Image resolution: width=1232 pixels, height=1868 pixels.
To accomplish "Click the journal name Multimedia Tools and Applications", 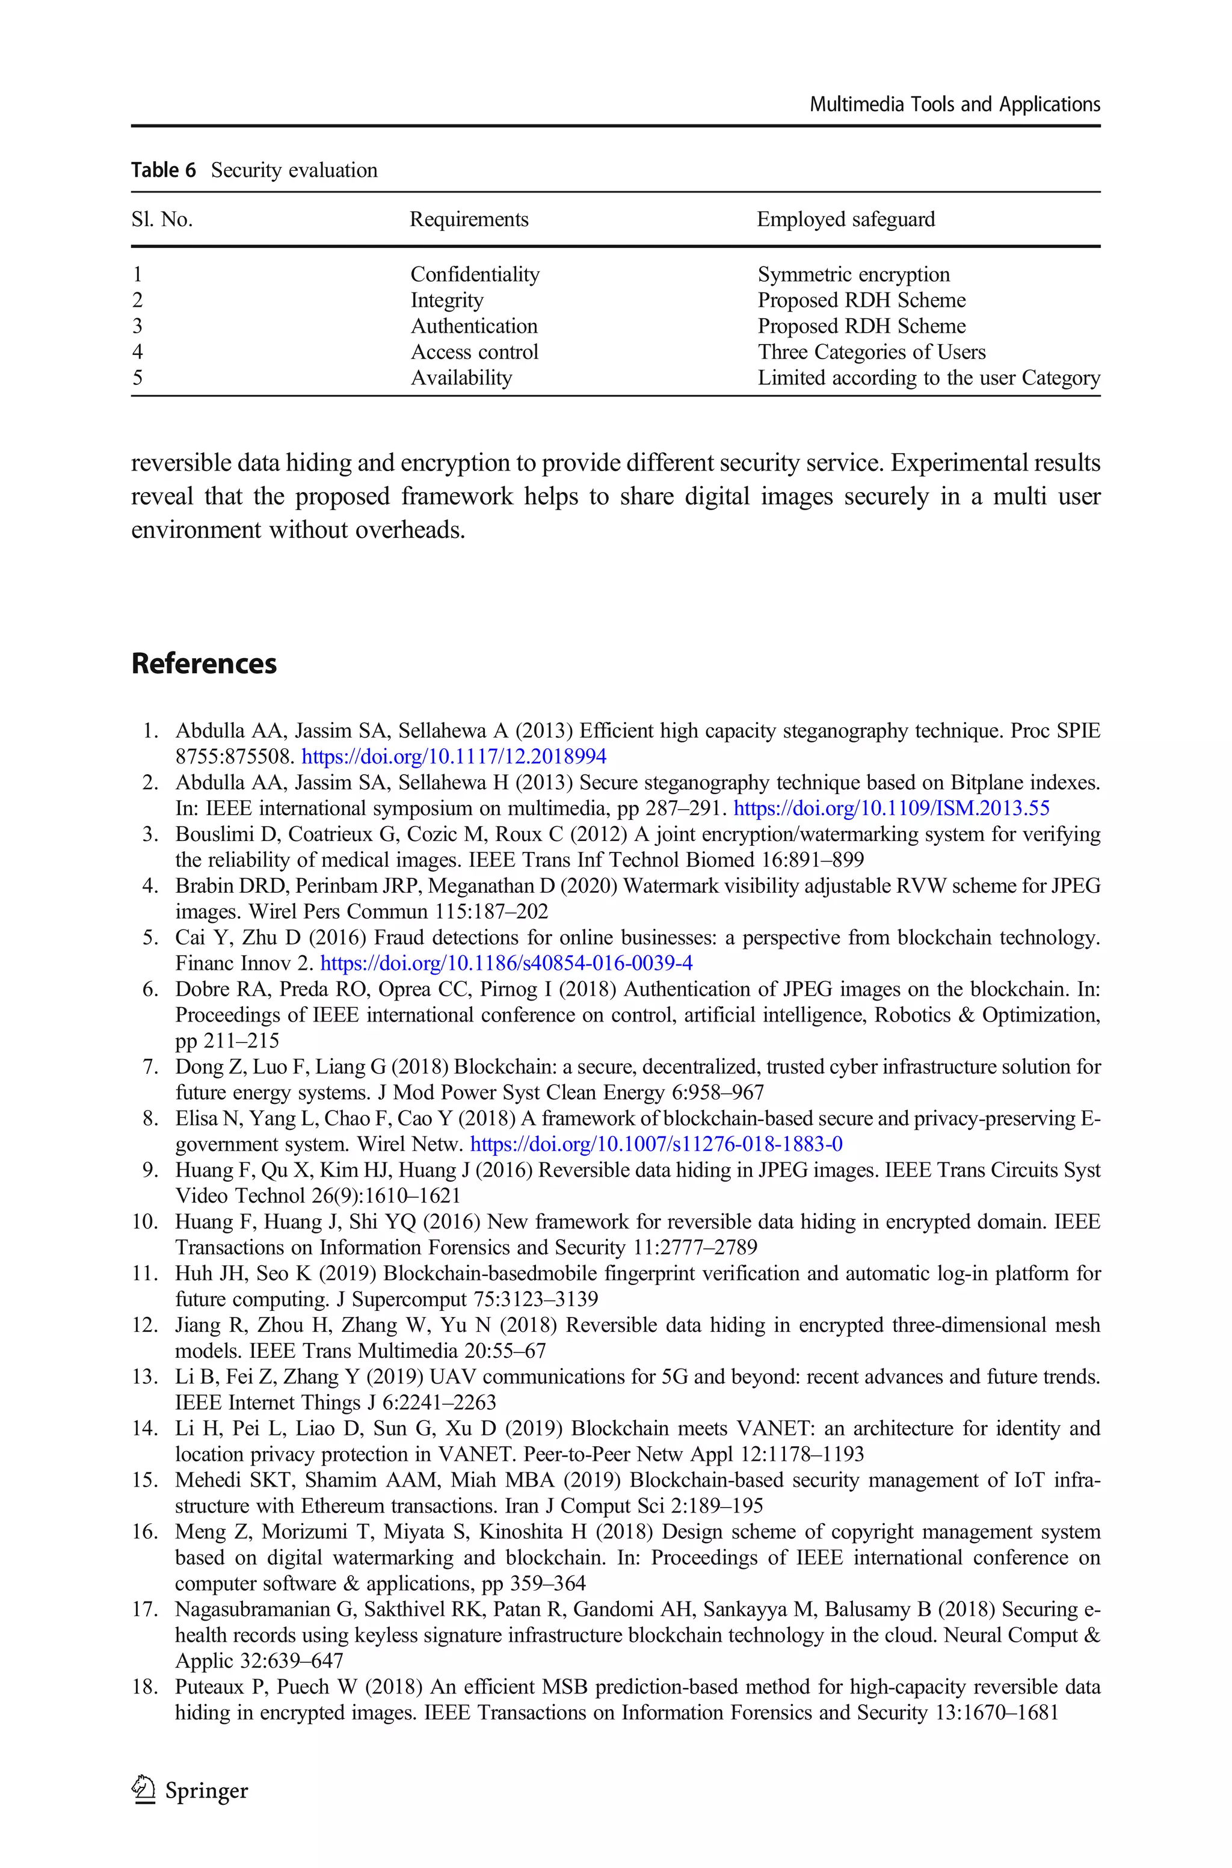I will click(954, 105).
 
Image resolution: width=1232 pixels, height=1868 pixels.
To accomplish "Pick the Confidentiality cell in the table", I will click(475, 274).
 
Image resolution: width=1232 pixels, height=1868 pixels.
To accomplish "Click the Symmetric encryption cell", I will click(853, 274).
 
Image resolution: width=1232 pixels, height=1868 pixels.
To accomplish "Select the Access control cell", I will click(475, 352).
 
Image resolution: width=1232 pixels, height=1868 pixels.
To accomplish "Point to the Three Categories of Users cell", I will click(871, 352).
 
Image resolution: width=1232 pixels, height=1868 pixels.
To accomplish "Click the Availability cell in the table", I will click(461, 378).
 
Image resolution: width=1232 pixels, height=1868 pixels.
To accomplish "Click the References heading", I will click(205, 664).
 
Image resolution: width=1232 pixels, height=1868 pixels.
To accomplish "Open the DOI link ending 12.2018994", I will click(454, 756).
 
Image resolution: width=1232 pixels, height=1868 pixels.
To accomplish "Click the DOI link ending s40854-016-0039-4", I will click(506, 963).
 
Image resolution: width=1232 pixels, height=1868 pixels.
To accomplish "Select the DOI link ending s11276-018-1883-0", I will click(656, 1144).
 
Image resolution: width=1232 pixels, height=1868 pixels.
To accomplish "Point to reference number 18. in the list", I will click(146, 1688).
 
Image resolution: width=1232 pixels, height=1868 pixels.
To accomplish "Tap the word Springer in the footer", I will click(207, 1791).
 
